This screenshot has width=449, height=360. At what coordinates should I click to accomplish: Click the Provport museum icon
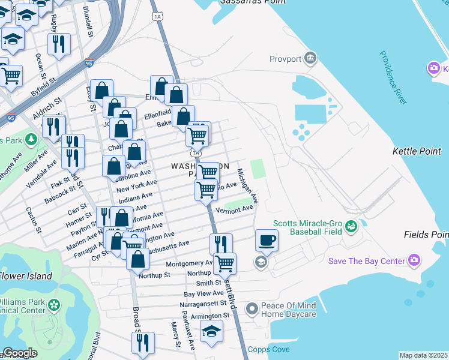(x=310, y=58)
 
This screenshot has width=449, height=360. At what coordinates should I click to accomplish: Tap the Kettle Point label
(x=417, y=151)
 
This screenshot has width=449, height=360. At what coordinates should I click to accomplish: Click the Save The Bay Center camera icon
(x=414, y=260)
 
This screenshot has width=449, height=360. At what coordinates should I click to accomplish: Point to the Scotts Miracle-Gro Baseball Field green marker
(x=350, y=226)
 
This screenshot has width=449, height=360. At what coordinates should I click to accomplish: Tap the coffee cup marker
(x=267, y=241)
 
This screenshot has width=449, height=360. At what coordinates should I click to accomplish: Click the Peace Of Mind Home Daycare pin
(x=252, y=309)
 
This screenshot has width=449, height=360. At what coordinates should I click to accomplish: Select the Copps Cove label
(x=269, y=349)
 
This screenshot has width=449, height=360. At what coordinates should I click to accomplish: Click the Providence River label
(x=393, y=77)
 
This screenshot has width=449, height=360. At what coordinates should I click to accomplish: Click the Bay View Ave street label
(x=203, y=294)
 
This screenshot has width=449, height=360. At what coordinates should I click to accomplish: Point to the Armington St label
(x=211, y=316)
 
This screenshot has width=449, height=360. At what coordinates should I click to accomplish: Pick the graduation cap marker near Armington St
(x=211, y=332)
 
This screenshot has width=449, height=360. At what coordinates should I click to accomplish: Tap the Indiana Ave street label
(x=135, y=197)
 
